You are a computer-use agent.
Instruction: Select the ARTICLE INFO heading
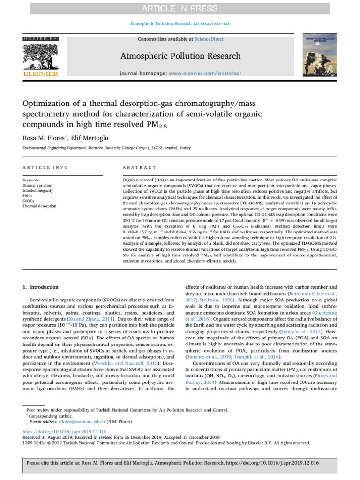pyautogui.click(x=45, y=167)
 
